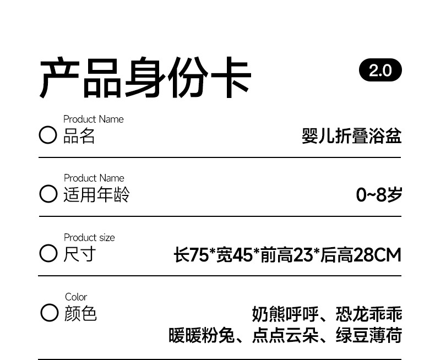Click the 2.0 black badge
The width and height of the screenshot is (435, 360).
[380, 70]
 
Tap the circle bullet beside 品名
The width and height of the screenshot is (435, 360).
[48, 135]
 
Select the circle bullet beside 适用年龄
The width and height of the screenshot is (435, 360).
[48, 194]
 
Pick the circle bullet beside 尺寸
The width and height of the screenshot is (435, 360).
[48, 254]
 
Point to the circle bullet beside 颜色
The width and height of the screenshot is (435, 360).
[49, 313]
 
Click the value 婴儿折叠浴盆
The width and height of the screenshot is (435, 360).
[351, 136]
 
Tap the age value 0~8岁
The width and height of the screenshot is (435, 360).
[379, 195]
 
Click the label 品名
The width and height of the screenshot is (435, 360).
[79, 136]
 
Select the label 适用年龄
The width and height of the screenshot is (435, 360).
[96, 195]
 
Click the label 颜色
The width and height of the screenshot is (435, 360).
[80, 313]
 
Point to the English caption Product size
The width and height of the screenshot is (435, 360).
[89, 238]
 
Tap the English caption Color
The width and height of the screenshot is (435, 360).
[76, 297]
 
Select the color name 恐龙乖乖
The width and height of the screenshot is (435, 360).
[369, 314]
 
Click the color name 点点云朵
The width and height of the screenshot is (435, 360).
[285, 335]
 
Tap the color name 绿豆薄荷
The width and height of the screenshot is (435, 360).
[369, 335]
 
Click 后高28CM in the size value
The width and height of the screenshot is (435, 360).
[361, 255]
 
